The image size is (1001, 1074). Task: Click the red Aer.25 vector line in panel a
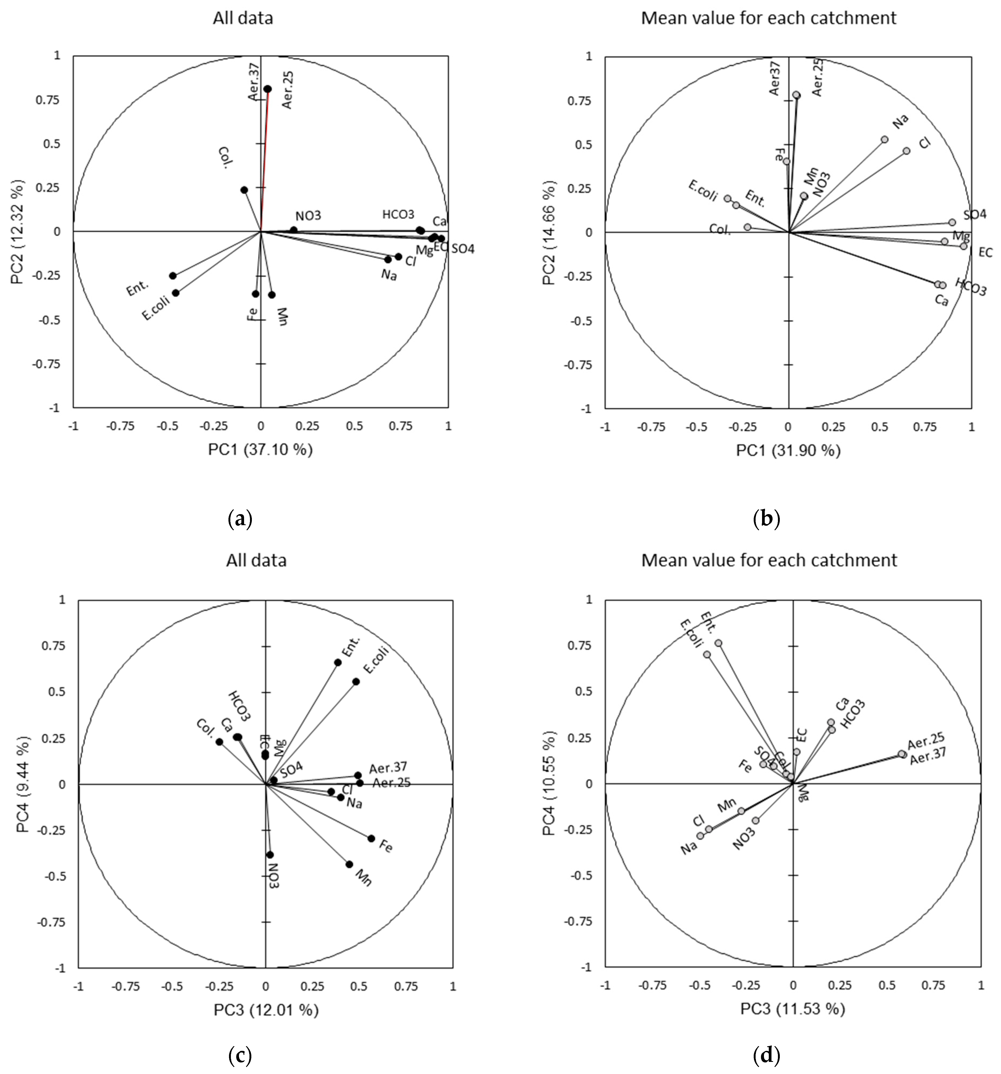[264, 162]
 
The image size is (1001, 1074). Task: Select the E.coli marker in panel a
[175, 293]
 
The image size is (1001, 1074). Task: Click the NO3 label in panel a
[308, 216]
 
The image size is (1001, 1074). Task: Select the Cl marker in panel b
[907, 151]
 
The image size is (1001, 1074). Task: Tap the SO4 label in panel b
[975, 215]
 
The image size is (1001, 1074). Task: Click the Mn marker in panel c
[349, 864]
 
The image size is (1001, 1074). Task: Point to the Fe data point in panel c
[371, 838]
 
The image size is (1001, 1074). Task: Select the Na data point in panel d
[700, 836]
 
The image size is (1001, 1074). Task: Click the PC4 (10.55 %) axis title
[549, 783]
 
